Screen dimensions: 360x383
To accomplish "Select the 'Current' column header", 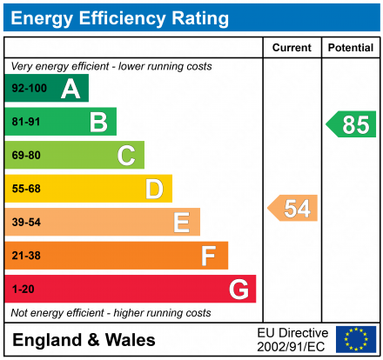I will (292, 48).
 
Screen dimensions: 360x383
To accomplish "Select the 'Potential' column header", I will (351, 48).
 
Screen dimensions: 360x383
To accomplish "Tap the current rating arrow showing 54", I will (293, 208).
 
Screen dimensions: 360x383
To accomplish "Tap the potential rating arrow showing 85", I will (352, 124).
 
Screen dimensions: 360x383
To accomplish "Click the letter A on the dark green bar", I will (71, 89).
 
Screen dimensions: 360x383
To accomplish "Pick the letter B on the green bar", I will (98, 123).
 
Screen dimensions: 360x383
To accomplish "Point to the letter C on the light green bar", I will (126, 156).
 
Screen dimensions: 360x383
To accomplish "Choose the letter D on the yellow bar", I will (154, 189).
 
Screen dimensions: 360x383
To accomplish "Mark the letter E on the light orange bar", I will (181, 223).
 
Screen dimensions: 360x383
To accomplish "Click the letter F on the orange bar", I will (209, 256).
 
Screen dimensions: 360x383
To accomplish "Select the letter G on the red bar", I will (238, 289).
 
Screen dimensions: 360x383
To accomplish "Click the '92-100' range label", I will (29, 89).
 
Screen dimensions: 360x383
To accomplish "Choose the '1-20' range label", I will (23, 289).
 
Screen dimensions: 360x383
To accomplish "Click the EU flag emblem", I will (356, 339).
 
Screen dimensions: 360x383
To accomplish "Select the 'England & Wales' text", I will (84, 340).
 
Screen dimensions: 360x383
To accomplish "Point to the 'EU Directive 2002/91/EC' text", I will (293, 339).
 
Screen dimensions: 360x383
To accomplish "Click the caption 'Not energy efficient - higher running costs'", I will (111, 312).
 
